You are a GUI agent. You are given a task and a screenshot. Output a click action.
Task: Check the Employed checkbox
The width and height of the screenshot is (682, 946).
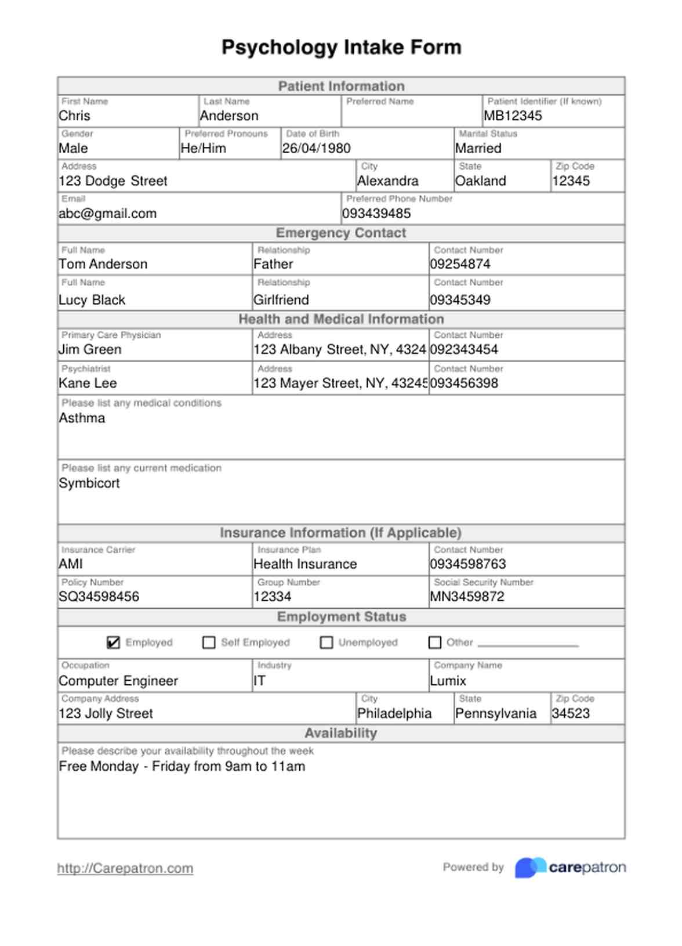[114, 642]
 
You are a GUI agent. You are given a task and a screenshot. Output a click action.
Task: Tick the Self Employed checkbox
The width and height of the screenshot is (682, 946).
[209, 642]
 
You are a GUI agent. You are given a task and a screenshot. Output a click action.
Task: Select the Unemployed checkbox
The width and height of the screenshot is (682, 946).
[327, 642]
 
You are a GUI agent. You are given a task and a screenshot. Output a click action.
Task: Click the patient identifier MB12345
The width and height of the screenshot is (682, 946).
[513, 116]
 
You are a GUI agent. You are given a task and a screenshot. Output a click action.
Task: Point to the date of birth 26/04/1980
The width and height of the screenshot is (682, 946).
[316, 149]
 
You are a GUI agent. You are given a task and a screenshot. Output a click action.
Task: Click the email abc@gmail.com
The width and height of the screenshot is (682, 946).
[108, 214]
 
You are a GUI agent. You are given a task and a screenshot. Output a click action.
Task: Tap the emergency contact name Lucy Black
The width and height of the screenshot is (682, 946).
[92, 300]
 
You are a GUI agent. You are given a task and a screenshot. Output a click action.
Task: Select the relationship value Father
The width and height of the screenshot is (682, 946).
[273, 264]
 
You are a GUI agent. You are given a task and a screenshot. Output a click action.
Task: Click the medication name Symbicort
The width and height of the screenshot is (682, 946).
[89, 483]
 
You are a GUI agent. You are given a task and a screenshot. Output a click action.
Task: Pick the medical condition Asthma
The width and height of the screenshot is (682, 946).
[82, 418]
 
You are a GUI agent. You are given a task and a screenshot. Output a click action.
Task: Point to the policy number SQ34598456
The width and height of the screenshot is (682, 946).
[99, 597]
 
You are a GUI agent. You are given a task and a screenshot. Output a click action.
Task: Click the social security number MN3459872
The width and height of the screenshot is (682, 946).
[467, 597]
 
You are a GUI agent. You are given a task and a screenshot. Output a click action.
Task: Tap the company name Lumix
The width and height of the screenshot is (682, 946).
[448, 681]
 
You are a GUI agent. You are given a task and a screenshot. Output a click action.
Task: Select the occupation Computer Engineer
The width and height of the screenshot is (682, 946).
[118, 681]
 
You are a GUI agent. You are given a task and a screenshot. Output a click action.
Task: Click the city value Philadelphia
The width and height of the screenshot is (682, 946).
[394, 713]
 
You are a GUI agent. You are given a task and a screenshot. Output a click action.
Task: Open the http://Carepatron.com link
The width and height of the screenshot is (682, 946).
[125, 868]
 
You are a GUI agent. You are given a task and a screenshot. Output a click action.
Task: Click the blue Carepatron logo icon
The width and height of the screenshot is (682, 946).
[530, 867]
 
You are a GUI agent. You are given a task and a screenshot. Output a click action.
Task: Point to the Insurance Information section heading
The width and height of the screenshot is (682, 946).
[340, 533]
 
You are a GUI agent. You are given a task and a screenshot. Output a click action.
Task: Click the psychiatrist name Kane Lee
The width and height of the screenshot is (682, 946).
[88, 383]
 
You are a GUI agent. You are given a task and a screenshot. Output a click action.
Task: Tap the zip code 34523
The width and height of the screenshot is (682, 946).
[571, 713]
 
